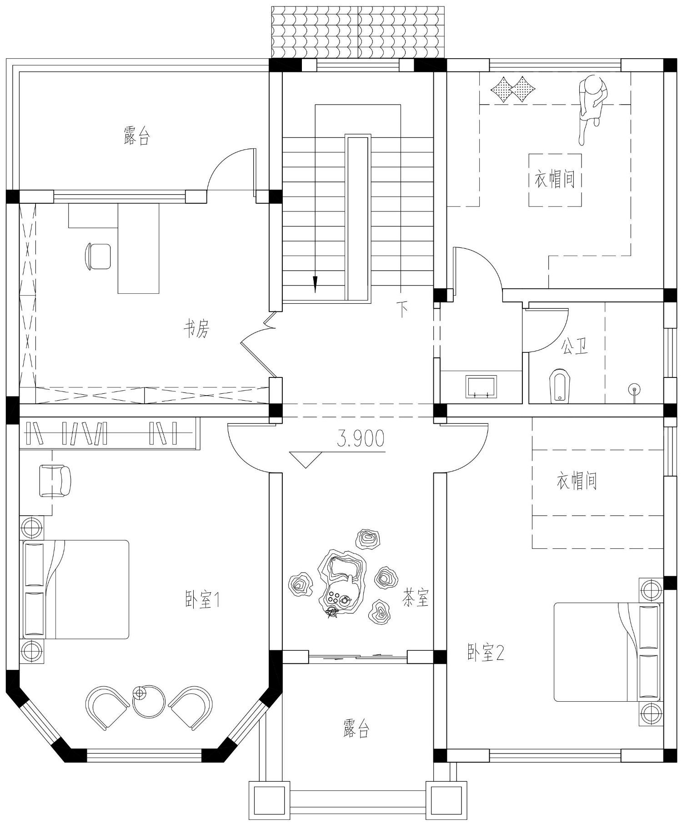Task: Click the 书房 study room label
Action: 196,328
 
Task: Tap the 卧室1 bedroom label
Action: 203,600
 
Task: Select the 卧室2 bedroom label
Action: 486,653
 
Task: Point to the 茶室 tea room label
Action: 416,598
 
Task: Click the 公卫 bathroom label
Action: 575,346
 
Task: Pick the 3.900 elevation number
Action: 361,438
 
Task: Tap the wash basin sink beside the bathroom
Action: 481,386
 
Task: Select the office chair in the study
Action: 98,256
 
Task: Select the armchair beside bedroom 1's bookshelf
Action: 55,481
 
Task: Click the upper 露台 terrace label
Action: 136,136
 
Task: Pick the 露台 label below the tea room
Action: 356,728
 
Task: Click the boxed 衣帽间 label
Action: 555,180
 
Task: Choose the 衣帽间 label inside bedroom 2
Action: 577,481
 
